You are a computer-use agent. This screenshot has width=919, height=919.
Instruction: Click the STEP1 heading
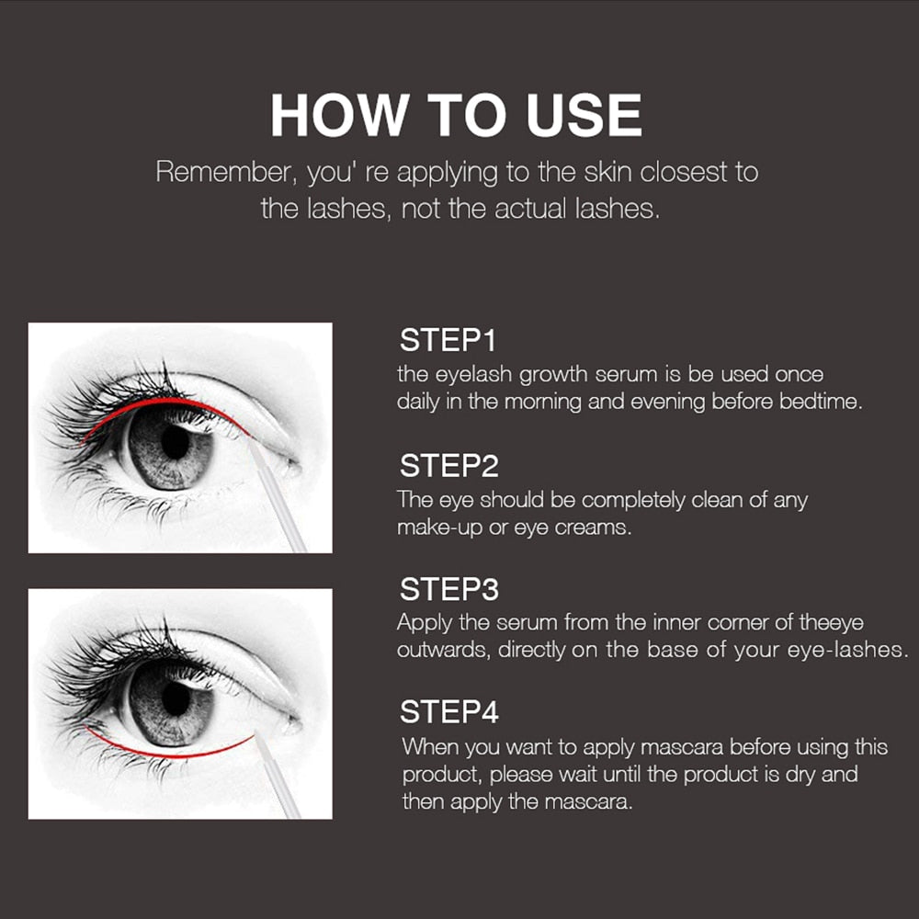tap(448, 341)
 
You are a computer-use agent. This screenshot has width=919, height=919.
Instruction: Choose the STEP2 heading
tap(448, 466)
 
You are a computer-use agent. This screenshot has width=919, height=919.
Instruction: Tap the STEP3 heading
tap(448, 588)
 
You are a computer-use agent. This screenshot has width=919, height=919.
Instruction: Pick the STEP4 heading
tap(448, 712)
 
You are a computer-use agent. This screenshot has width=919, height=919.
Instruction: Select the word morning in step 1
tap(540, 403)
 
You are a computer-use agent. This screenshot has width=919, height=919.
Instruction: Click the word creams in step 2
tap(592, 528)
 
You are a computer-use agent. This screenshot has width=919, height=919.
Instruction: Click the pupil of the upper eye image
tap(174, 444)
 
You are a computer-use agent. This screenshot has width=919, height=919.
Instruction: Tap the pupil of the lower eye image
tap(174, 700)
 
